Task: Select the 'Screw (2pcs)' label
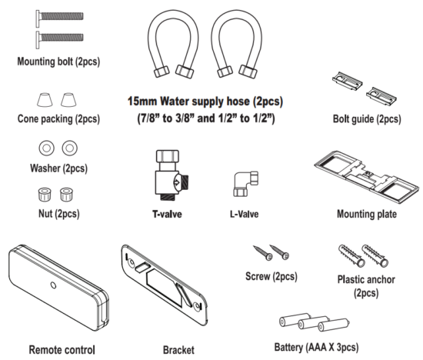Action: coord(270,276)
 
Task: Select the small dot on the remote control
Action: coord(54,284)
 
